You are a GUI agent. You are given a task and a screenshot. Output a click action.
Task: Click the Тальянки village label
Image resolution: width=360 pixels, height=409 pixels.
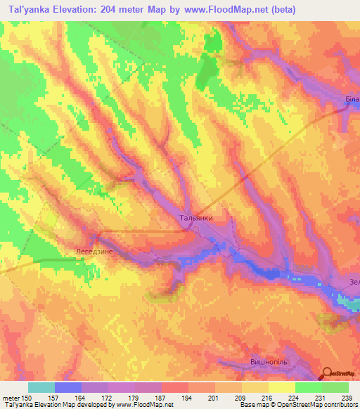tap(196, 218)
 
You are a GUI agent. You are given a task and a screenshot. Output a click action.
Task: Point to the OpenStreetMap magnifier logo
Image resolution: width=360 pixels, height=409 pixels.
tap(326, 374)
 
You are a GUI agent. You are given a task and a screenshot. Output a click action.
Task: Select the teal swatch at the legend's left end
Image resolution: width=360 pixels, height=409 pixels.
tap(42, 387)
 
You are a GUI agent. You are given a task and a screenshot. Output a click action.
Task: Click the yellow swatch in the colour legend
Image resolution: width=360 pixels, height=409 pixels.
tap(281, 387)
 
